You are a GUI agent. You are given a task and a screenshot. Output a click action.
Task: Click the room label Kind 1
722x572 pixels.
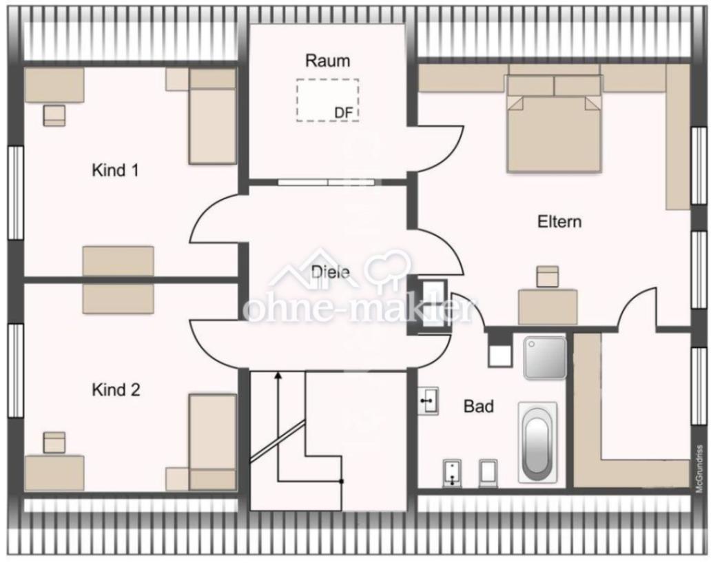pyautogui.click(x=115, y=170)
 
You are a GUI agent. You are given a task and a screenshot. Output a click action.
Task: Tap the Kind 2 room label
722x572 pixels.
pyautogui.click(x=116, y=390)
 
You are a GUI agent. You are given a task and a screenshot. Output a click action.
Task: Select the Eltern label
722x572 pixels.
pyautogui.click(x=559, y=221)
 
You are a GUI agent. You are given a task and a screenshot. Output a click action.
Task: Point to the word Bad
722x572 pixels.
pyautogui.click(x=478, y=406)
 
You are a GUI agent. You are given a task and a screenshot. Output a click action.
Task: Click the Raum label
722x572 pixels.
pyautogui.click(x=327, y=61)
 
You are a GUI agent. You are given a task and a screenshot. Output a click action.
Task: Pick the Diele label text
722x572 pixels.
pyautogui.click(x=330, y=272)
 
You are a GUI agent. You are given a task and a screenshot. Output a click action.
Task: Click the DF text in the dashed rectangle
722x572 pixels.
pyautogui.click(x=344, y=112)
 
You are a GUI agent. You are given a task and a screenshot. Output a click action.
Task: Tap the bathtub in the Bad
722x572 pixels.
pyautogui.click(x=537, y=442)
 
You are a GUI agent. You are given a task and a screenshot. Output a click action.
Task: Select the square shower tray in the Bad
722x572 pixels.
pyautogui.click(x=545, y=358)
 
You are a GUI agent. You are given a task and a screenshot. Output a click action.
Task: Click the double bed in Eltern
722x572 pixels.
pyautogui.click(x=555, y=123)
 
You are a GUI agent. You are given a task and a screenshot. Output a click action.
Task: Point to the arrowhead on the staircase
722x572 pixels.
pyautogui.click(x=278, y=376)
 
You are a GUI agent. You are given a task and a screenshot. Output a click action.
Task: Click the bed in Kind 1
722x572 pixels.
pyautogui.click(x=212, y=116)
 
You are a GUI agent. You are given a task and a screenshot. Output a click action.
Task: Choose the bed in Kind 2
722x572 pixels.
pyautogui.click(x=212, y=442)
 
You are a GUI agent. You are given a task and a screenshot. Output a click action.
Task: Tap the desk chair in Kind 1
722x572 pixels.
pyautogui.click(x=54, y=116)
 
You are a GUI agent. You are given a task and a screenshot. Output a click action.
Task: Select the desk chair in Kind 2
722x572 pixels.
pyautogui.click(x=54, y=442)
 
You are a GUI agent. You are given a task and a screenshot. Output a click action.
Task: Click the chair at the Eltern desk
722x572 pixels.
pyautogui.click(x=548, y=276)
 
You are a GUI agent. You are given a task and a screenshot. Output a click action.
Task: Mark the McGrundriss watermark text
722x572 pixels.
pyautogui.click(x=699, y=469)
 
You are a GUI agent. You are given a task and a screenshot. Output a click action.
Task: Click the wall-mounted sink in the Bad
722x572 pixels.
pyautogui.click(x=429, y=401)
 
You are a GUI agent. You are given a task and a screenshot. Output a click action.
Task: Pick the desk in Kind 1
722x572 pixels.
pyautogui.click(x=54, y=85)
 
